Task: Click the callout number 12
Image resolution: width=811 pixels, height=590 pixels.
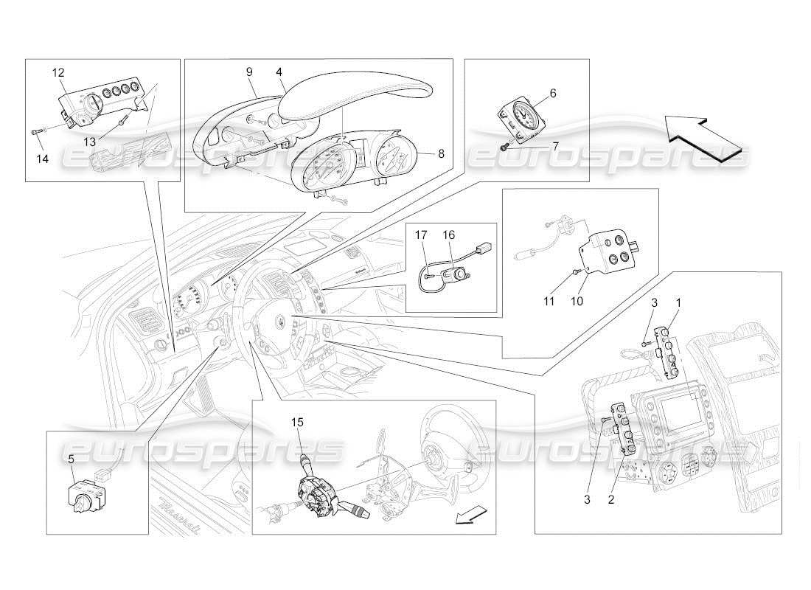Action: pyautogui.click(x=58, y=72)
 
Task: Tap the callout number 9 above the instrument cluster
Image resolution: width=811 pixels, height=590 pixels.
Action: pyautogui.click(x=249, y=72)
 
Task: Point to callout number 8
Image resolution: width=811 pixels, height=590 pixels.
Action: pyautogui.click(x=441, y=154)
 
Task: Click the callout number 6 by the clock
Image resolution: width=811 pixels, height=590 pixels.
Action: pyautogui.click(x=553, y=93)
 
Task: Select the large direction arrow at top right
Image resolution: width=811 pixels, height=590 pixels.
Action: pyautogui.click(x=703, y=133)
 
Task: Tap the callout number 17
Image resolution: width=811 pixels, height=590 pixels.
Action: pyautogui.click(x=422, y=235)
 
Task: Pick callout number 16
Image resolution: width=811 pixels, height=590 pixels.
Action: pyautogui.click(x=448, y=235)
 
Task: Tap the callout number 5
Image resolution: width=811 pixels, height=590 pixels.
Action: pyautogui.click(x=71, y=458)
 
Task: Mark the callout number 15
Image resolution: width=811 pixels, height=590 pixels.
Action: pyautogui.click(x=297, y=423)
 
